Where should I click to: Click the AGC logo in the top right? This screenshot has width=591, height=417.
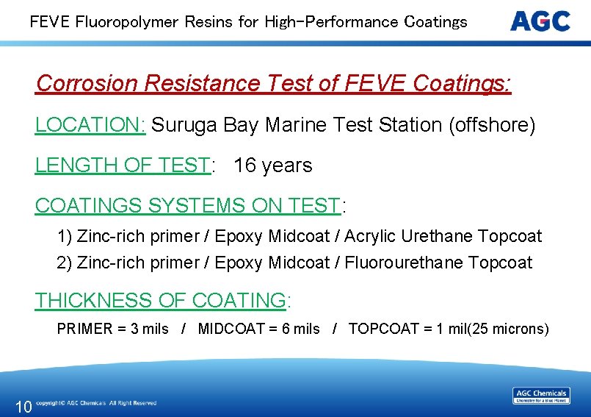click(540, 21)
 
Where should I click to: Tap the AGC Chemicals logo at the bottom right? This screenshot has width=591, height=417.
click(541, 396)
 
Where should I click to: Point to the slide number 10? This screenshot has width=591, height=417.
click(23, 406)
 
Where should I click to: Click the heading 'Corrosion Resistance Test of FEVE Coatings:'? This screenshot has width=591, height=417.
click(273, 84)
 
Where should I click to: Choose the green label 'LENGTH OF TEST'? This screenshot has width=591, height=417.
click(123, 165)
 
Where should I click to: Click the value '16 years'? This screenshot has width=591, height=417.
click(273, 165)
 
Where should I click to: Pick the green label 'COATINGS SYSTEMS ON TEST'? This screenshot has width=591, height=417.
click(188, 206)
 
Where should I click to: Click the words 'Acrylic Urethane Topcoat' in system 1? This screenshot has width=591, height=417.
click(443, 237)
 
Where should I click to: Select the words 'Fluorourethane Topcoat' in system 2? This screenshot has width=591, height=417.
click(438, 263)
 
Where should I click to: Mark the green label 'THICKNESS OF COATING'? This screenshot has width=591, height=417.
click(161, 300)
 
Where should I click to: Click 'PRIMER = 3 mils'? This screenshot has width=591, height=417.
click(113, 329)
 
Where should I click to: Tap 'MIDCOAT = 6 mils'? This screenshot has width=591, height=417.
click(258, 329)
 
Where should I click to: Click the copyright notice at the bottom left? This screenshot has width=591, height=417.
click(96, 403)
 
